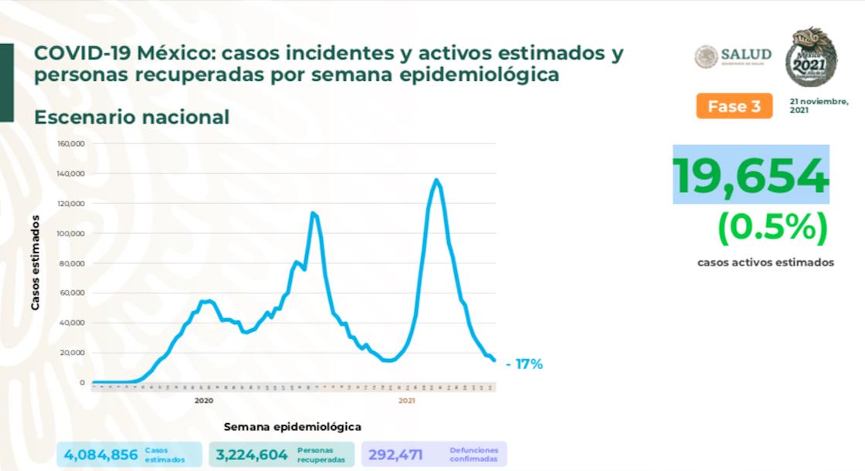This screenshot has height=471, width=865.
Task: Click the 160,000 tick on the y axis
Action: point(70,144)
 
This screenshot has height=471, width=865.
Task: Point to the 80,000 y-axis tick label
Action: point(72,263)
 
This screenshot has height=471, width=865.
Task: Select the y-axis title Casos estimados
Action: point(36,263)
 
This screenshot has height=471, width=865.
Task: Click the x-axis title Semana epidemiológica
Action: point(293,426)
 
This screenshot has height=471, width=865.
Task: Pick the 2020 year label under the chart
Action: point(204,401)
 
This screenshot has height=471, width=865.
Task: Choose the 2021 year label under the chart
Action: point(407,401)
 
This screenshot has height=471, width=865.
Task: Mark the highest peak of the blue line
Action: point(436,180)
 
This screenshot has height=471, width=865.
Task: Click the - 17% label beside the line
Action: point(524,364)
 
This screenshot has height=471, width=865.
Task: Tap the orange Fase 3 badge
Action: point(734,107)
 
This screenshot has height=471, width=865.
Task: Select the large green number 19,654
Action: point(750,175)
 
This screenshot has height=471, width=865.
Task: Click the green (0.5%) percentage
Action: point(772,227)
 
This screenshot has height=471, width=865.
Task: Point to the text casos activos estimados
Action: point(765,263)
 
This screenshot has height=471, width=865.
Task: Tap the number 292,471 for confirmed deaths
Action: point(395,454)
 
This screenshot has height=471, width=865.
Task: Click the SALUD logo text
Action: point(745,54)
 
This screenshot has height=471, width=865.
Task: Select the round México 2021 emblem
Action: point(811,58)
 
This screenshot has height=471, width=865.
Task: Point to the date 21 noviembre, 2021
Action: point(819,106)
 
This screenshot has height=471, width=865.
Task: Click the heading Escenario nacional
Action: point(131,117)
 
